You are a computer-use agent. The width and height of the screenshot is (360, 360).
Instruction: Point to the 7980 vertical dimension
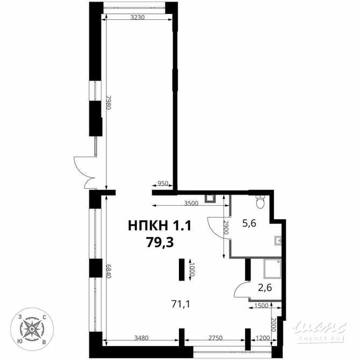(x=108, y=103)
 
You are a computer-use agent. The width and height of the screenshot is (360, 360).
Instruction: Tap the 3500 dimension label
(x=191, y=203)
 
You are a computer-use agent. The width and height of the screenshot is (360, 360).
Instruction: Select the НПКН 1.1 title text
(x=160, y=226)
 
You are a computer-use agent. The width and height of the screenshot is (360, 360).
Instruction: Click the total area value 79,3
(x=160, y=242)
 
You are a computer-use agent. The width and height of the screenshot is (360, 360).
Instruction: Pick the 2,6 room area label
(x=264, y=287)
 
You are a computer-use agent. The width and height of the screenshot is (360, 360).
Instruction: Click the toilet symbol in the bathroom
(x=261, y=203)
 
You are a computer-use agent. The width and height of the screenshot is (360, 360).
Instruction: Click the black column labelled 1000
(x=182, y=269)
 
